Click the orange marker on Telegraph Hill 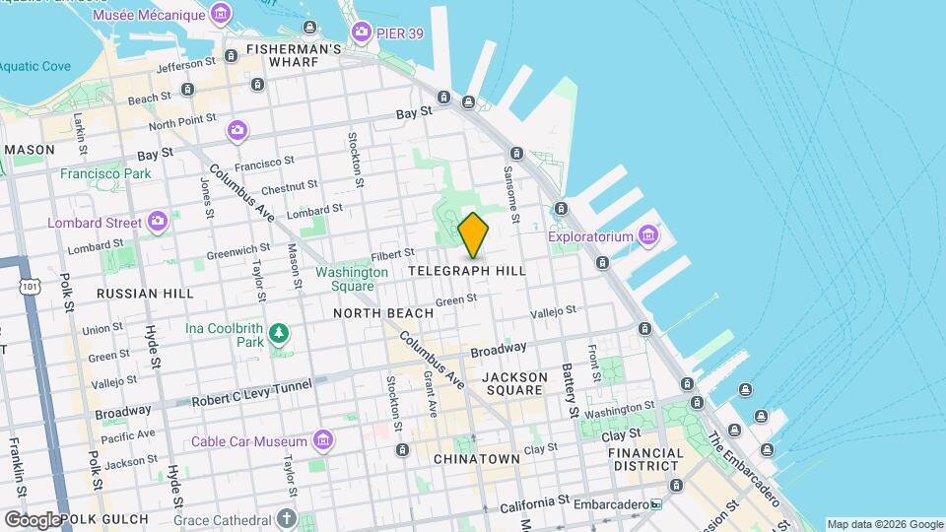[x=474, y=235]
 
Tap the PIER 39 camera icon [x=361, y=32]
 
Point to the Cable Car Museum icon [x=322, y=438]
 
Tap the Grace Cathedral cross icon [x=286, y=517]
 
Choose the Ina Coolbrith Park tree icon [x=281, y=333]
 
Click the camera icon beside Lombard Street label [x=157, y=221]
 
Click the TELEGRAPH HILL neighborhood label [x=466, y=270]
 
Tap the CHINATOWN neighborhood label [x=477, y=459]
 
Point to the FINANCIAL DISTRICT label [x=646, y=460]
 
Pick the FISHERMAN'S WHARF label [x=281, y=55]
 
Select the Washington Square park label [x=352, y=279]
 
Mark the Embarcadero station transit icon [x=655, y=504]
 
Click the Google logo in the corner [x=32, y=519]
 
